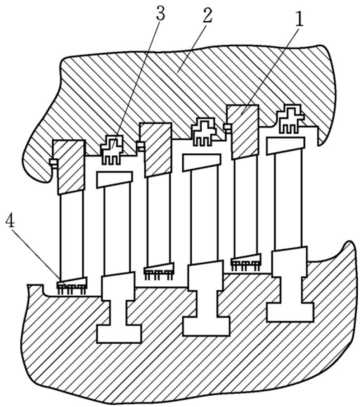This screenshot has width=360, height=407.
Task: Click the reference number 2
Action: coord(208,15)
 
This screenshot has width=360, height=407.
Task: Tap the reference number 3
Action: coord(161,13)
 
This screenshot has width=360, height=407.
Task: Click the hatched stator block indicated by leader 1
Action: coord(243,131)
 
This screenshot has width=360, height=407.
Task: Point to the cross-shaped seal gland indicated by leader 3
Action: coord(112,150)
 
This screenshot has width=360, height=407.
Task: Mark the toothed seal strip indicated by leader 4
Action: coord(71,285)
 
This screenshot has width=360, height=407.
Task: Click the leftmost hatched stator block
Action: coord(69,167)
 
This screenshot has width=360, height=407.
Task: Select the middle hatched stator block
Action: coord(156,150)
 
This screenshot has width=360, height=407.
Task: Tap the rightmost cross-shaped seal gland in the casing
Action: coord(289,118)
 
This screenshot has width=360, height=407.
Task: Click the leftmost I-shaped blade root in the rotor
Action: coord(119,308)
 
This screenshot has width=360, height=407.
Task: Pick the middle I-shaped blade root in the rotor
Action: coord(206,298)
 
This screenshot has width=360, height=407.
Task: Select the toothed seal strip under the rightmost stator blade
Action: coord(246,262)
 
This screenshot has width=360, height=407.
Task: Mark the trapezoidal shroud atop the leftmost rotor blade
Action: coord(114,179)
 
